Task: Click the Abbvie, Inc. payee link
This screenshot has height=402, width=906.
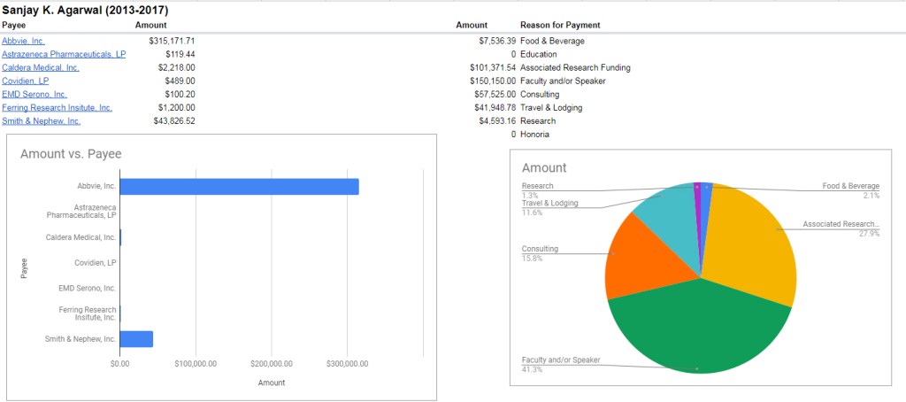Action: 24,41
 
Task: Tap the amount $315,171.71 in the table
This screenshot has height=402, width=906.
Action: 172,41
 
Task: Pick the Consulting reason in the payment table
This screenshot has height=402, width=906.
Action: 541,94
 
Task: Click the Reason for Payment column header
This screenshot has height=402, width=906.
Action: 560,25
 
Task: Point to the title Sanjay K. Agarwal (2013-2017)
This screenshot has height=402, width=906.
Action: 86,10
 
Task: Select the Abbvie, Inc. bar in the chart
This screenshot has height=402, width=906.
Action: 239,186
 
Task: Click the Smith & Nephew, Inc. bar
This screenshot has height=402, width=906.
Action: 136,339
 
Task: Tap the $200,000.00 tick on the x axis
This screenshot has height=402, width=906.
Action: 272,363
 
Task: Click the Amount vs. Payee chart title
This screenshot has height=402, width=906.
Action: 71,154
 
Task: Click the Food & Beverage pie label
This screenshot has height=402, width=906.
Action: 850,186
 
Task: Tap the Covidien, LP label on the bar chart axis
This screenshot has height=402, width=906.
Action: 94,263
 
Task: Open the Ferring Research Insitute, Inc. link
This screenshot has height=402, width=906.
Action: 57,107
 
